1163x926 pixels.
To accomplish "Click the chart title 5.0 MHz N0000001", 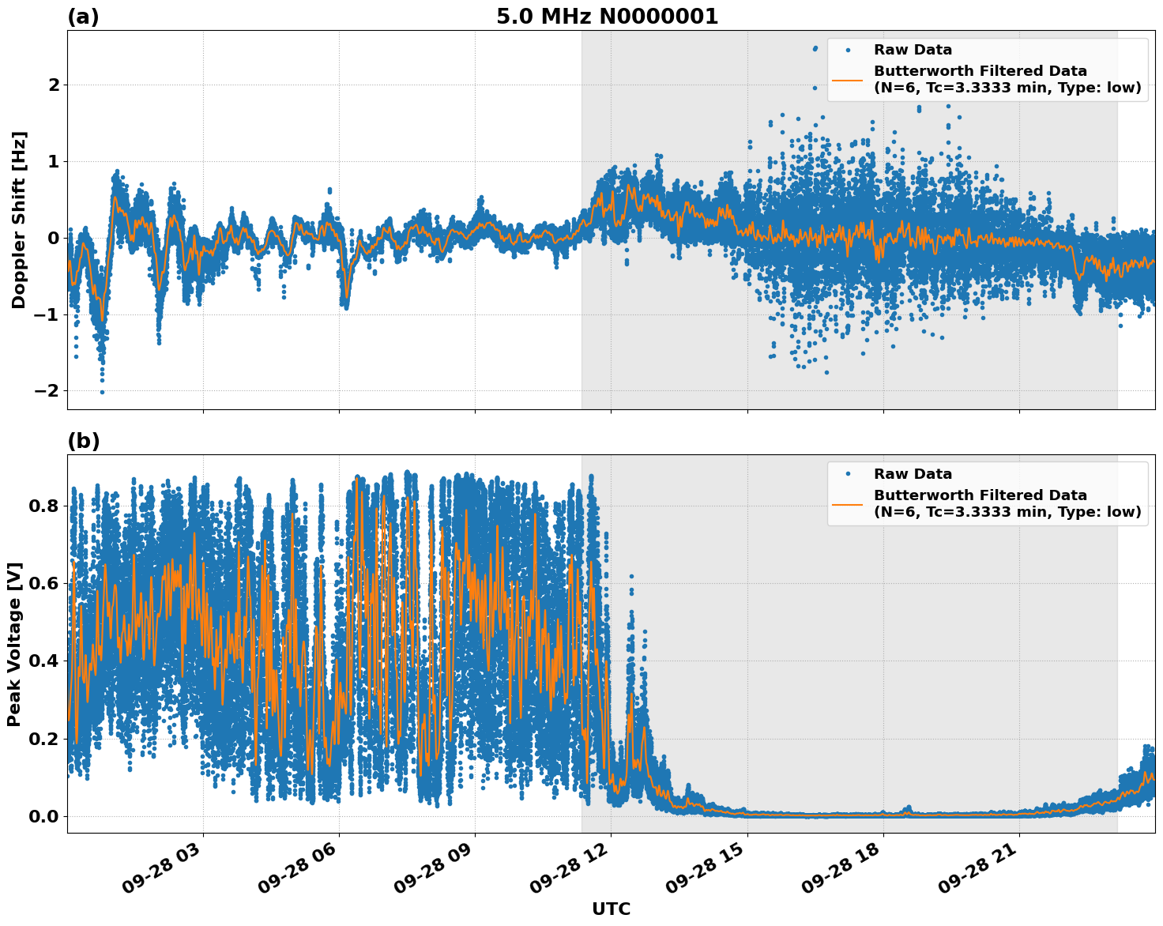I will pyautogui.click(x=607, y=17).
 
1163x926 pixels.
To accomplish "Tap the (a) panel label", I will pyautogui.click(x=83, y=17).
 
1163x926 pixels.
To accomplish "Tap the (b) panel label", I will pyautogui.click(x=83, y=441).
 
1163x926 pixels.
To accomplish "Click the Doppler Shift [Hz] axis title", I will pyautogui.click(x=19, y=220).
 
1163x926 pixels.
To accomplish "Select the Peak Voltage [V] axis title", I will pyautogui.click(x=14, y=644).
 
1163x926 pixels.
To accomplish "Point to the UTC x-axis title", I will pyautogui.click(x=611, y=909).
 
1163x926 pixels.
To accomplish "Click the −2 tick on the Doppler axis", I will pyautogui.click(x=47, y=391).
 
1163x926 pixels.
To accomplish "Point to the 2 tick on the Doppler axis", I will pyautogui.click(x=54, y=85).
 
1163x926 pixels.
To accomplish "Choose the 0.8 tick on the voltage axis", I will pyautogui.click(x=44, y=506).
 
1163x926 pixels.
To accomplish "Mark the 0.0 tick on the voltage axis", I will pyautogui.click(x=44, y=816).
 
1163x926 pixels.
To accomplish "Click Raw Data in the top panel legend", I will pyautogui.click(x=913, y=50).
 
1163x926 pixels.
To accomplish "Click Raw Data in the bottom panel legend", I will pyautogui.click(x=913, y=474).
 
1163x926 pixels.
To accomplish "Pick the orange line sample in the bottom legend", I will pyautogui.click(x=848, y=503).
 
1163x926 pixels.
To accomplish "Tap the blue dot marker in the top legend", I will pyautogui.click(x=848, y=50).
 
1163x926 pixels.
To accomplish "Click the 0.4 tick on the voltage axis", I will pyautogui.click(x=44, y=661).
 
